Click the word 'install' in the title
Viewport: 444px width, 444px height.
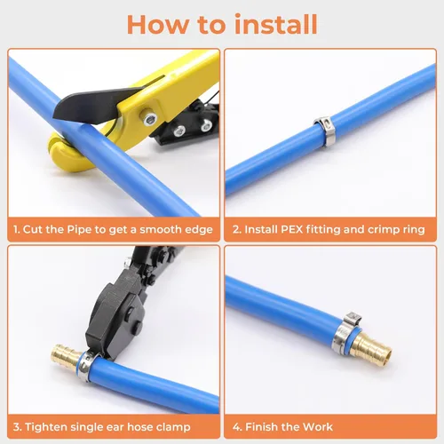point(275,24)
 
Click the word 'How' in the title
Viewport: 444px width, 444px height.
point(157,25)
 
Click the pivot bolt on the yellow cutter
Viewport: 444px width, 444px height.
point(148,119)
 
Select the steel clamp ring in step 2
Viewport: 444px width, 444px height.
point(325,131)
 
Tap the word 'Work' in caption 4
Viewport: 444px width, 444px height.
point(318,427)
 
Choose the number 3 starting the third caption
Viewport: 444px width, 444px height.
point(17,427)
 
